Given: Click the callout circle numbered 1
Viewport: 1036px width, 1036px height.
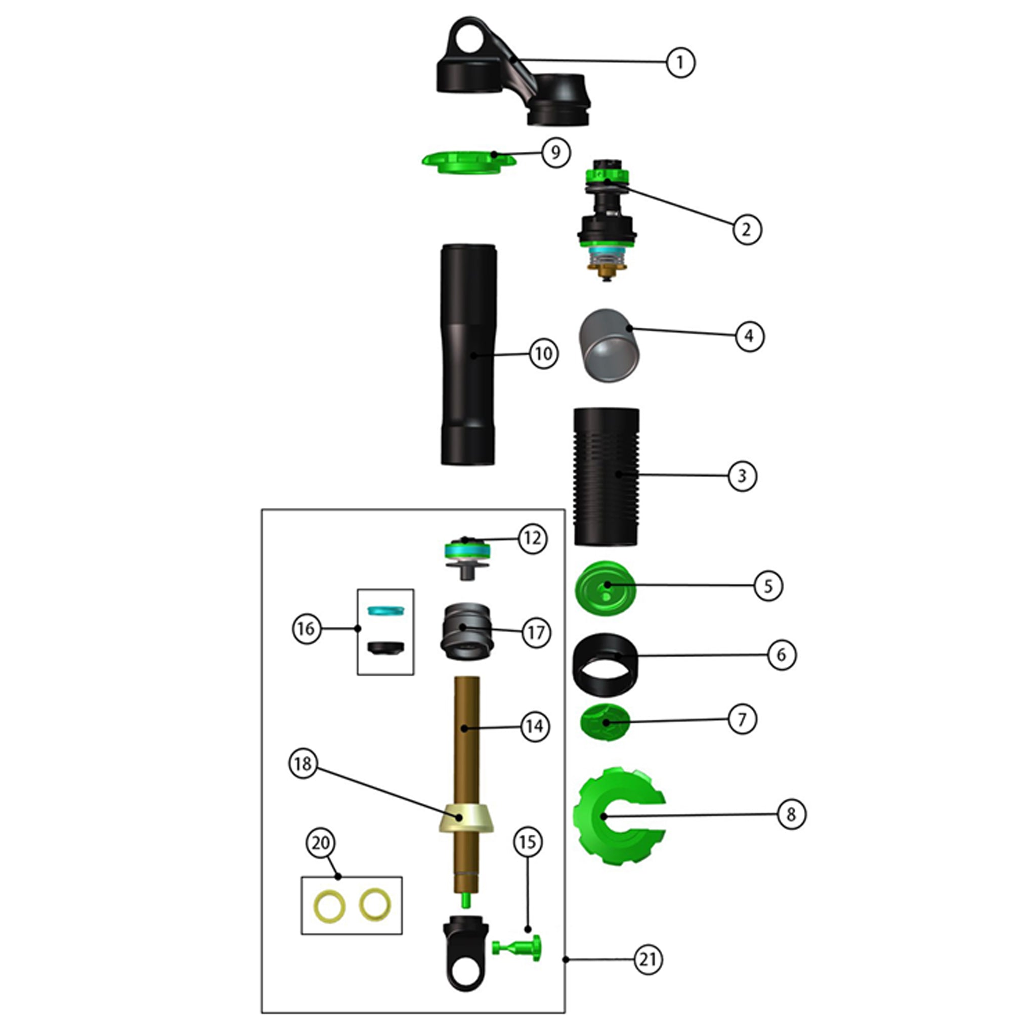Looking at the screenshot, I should pyautogui.click(x=680, y=62).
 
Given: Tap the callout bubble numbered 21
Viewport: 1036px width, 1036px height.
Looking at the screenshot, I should pyautogui.click(x=648, y=959).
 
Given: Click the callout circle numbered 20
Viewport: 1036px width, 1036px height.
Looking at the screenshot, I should pyautogui.click(x=320, y=842).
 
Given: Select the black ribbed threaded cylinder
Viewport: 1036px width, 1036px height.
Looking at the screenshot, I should pyautogui.click(x=606, y=476).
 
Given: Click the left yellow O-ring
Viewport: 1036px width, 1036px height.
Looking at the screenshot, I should pyautogui.click(x=329, y=906).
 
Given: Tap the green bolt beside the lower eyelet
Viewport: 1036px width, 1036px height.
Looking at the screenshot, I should pyautogui.click(x=518, y=947).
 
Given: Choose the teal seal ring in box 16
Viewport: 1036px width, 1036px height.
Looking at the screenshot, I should pyautogui.click(x=385, y=610).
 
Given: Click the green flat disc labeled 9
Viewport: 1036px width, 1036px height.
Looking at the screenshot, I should pyautogui.click(x=468, y=161).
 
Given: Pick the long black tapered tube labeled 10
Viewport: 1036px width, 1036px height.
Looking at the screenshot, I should pyautogui.click(x=468, y=354).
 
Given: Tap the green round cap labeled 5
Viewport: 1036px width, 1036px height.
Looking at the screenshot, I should pyautogui.click(x=605, y=586).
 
